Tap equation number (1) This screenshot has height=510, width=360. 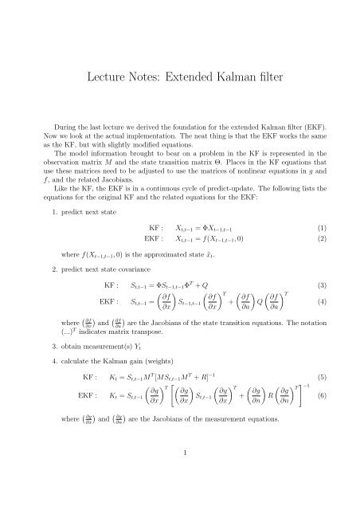coord(327,226)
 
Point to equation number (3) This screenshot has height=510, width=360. coord(327,284)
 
